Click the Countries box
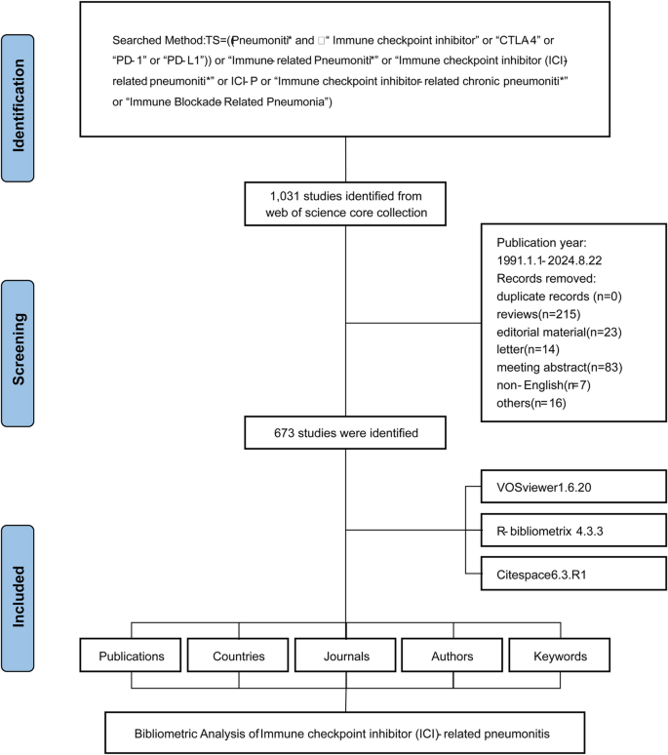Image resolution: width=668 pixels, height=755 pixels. click(x=240, y=654)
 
